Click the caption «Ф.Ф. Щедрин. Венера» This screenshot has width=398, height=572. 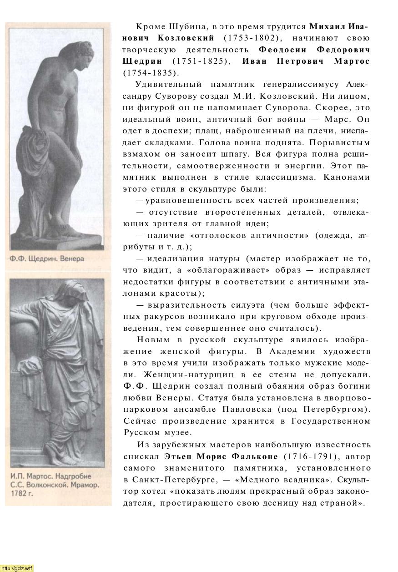(x=47, y=259)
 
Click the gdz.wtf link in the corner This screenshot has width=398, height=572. (x=17, y=568)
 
